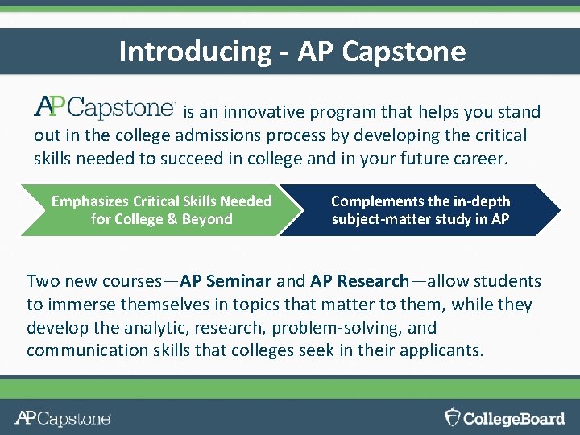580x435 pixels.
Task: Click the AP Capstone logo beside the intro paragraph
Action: (x=105, y=107)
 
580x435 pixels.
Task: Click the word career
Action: (x=481, y=159)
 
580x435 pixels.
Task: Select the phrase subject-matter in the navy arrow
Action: (x=377, y=219)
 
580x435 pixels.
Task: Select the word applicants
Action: (x=442, y=351)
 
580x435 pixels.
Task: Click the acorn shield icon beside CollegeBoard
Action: (x=454, y=416)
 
